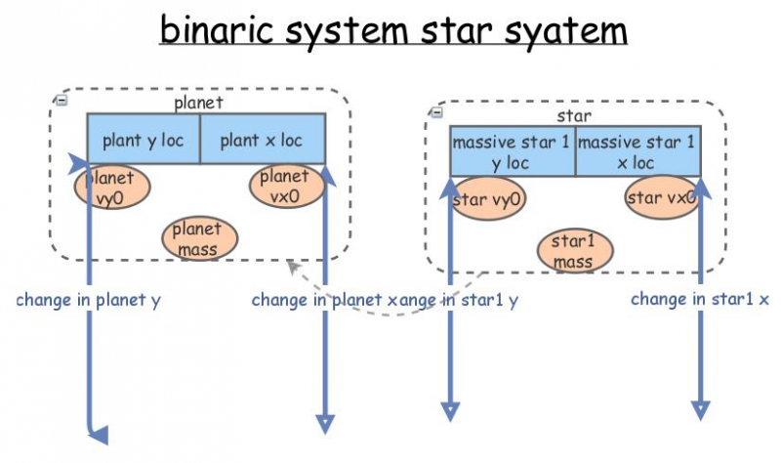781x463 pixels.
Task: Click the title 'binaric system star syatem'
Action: [392, 31]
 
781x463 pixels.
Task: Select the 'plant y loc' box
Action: [144, 141]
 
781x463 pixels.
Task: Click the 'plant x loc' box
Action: [262, 141]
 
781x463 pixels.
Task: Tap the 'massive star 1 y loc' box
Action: [512, 151]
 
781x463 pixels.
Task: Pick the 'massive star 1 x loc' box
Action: [637, 151]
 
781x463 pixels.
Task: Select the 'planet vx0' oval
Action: [284, 186]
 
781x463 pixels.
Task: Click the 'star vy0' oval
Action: [488, 199]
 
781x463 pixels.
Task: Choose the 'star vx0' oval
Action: [660, 198]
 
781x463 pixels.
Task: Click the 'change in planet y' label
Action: [88, 300]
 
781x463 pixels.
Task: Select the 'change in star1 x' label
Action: [699, 299]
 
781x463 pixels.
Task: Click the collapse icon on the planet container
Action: [61, 100]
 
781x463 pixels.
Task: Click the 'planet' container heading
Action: [200, 102]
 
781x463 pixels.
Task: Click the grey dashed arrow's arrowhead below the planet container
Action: [292, 267]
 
